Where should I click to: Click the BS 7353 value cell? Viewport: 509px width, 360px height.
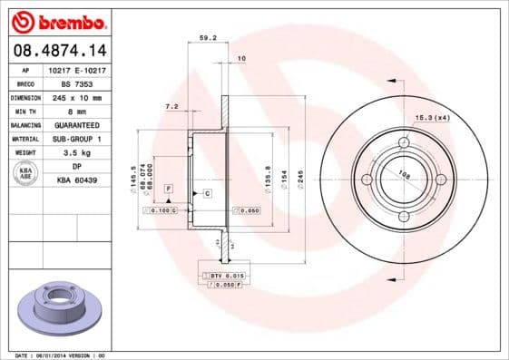[x=77, y=82]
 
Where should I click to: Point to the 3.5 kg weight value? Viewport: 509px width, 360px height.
[x=77, y=152]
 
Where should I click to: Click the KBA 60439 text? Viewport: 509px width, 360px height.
[x=77, y=180]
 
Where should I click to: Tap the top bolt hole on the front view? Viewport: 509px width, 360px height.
[x=402, y=141]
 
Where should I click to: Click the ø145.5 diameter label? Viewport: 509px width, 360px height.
[x=133, y=177]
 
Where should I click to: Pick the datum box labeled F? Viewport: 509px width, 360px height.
[x=169, y=188]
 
